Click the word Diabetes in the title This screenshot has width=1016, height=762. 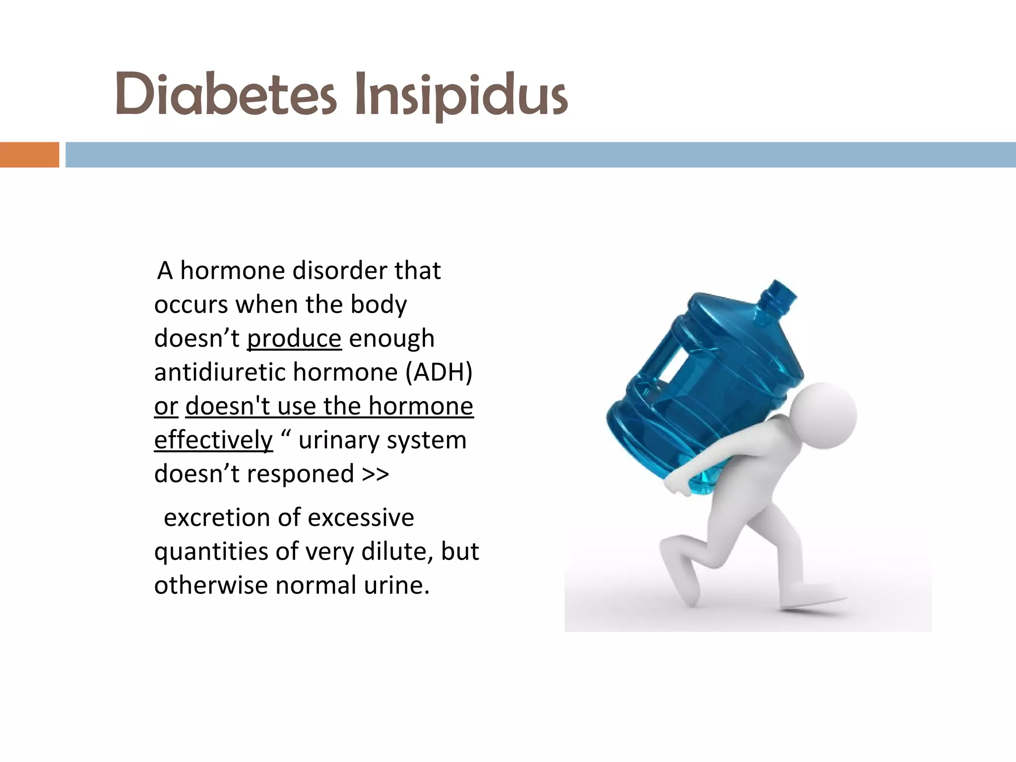(226, 94)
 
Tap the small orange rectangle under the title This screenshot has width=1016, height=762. (29, 155)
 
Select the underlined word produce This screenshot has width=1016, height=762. (294, 338)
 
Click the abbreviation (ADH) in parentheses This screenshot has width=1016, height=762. (439, 372)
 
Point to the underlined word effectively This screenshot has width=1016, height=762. (213, 440)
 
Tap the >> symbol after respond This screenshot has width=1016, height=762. (376, 474)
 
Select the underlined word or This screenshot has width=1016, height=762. (166, 406)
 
